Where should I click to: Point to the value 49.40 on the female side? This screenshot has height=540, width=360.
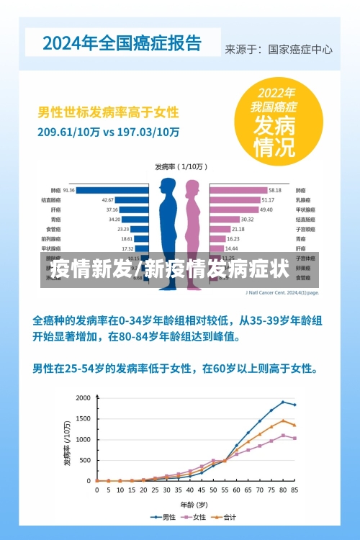coord(266,210)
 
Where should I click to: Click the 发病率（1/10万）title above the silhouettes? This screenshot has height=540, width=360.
coord(179,166)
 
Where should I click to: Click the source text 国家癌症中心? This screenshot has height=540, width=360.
coord(300,50)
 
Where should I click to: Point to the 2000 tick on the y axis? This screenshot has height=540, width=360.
coord(83,398)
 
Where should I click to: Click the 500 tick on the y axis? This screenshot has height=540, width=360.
coord(85,460)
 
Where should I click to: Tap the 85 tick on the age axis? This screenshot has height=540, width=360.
coord(294,490)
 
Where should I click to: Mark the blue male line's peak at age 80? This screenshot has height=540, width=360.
coord(283,402)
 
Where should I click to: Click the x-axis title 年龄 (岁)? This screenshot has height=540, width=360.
coord(194,503)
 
